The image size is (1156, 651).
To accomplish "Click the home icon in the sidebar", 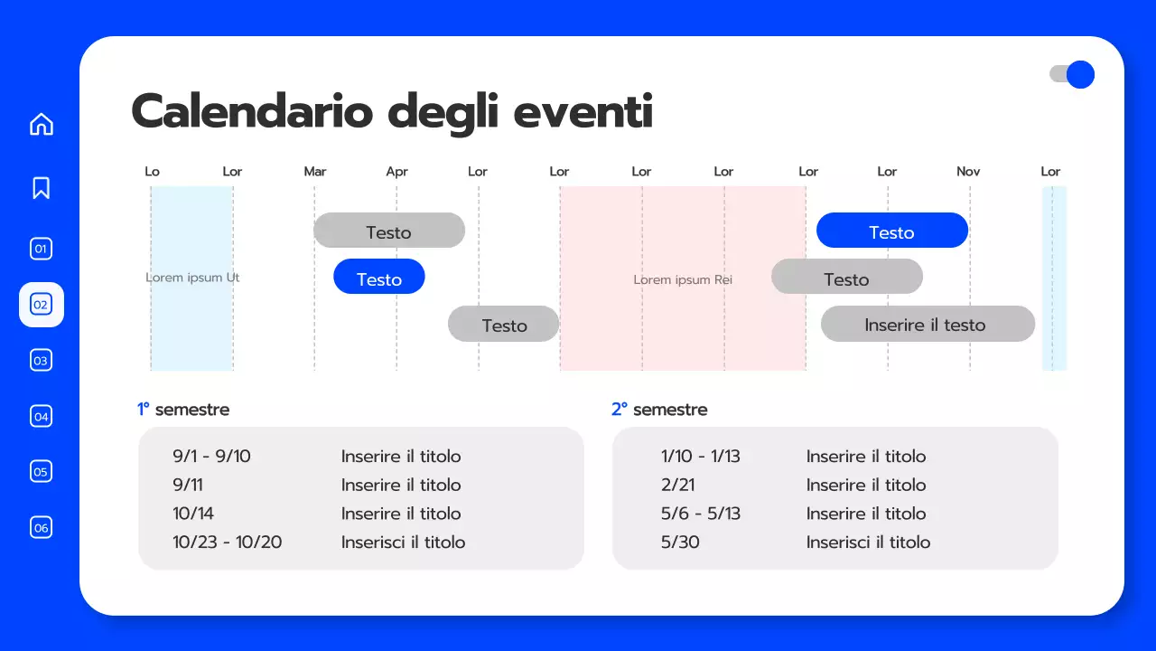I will [42, 124].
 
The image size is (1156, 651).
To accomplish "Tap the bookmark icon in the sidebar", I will [42, 187].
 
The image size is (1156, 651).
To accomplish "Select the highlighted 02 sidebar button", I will [42, 305].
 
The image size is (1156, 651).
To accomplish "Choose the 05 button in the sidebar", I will [42, 471].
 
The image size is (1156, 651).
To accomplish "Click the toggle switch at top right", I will [1072, 74].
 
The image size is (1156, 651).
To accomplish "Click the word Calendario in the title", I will [252, 112].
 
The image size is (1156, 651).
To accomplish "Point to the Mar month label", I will [315, 172].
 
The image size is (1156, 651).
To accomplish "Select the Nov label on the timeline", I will [968, 172].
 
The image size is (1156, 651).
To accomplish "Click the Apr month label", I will [396, 172].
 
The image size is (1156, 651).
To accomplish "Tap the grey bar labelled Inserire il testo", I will [928, 325].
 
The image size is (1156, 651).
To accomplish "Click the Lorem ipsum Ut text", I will [192, 278].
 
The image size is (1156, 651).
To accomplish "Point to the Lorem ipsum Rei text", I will [683, 280].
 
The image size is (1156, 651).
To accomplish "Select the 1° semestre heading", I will [183, 410].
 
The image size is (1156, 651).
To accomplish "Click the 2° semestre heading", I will [659, 410].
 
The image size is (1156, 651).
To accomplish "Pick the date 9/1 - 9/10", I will [211, 457].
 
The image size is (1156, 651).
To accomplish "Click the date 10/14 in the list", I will [193, 514].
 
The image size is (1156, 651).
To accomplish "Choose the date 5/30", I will [680, 542].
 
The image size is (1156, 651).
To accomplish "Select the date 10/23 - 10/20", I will [228, 542].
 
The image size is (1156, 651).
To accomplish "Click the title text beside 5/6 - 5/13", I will [866, 514].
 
